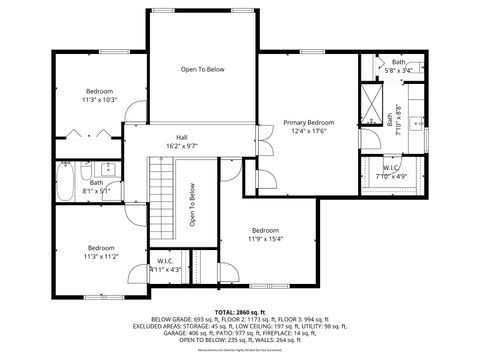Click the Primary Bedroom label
coord(312,122)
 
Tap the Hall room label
coord(182,137)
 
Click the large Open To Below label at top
coord(202,69)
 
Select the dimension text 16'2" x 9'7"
coord(182,146)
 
